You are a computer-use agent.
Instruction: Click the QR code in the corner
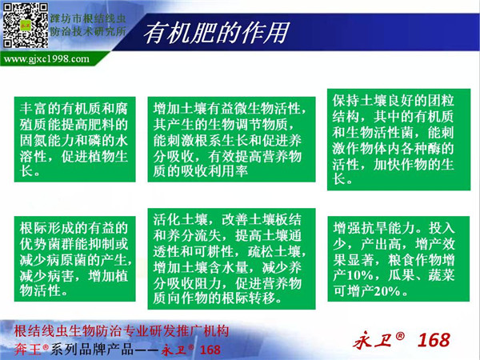coord(26,26)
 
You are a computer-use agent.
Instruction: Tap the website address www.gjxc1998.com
coord(46,58)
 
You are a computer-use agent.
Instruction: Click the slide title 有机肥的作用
coord(216,33)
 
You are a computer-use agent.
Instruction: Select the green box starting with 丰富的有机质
coord(74,139)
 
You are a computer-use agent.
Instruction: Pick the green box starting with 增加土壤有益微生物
coord(231,139)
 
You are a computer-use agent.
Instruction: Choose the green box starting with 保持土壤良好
coord(398,139)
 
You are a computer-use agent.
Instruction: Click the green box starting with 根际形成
coord(74,258)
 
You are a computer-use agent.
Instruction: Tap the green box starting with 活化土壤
coord(231,258)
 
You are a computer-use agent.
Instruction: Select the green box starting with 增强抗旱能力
coord(398,258)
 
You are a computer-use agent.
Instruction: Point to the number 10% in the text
coord(360,275)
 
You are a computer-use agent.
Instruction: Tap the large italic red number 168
coord(434,340)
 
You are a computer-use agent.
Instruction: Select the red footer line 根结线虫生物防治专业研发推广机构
coord(122,331)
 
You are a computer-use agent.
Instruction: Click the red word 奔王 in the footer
coord(27,350)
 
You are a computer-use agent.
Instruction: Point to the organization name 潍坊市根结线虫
coord(88,18)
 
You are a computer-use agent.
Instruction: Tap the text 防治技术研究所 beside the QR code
coord(88,31)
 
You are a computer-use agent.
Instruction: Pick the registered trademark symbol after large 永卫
coord(400,336)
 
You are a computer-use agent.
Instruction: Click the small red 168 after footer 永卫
coord(210,350)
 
